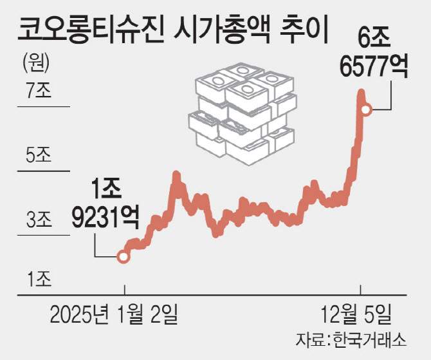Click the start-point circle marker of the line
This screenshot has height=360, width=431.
click(124, 257)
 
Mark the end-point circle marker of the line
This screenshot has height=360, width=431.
click(365, 110)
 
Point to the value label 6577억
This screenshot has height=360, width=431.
click(372, 67)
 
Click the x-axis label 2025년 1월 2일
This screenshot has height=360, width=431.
click(113, 316)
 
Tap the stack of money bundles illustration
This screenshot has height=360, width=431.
click(243, 113)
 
